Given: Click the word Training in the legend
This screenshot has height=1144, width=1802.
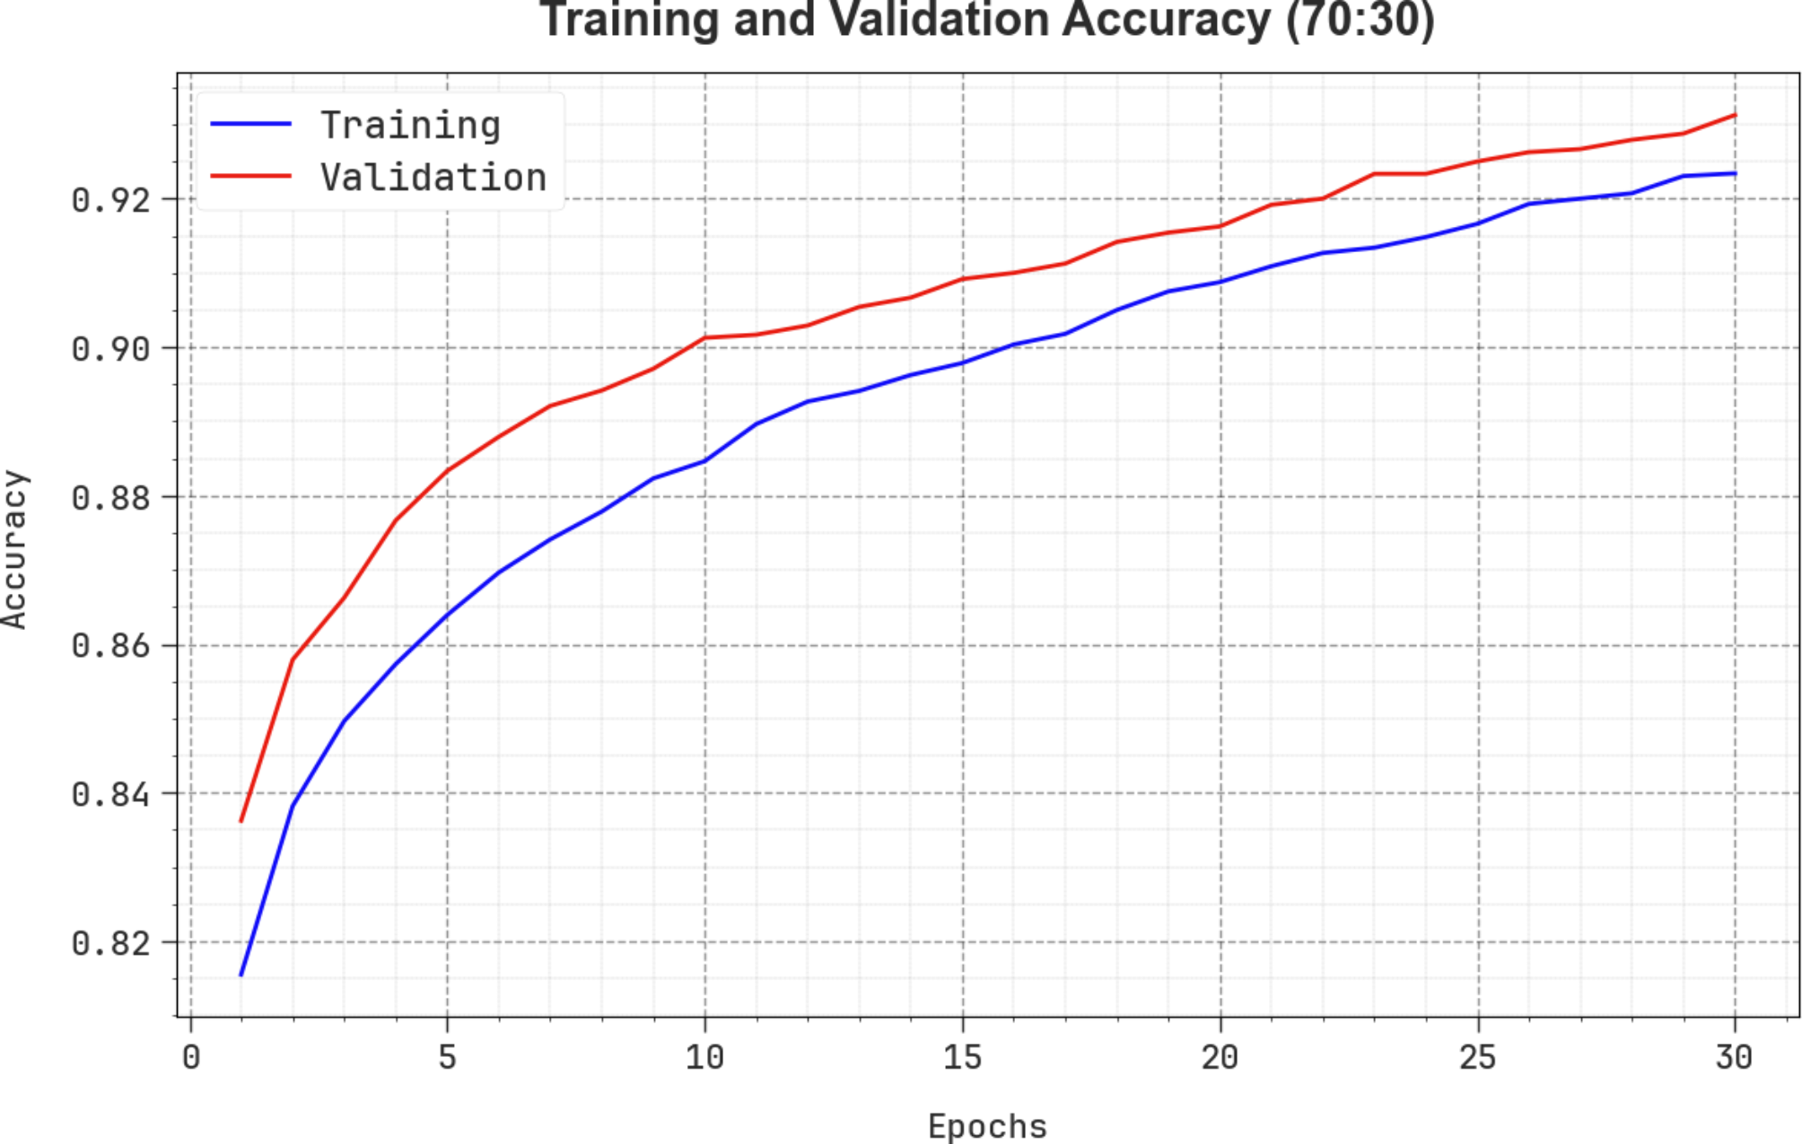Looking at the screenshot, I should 410,125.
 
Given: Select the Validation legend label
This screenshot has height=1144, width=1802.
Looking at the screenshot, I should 433,178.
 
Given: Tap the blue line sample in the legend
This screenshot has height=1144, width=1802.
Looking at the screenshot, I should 250,124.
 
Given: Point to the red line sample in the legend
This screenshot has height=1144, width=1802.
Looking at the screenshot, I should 250,176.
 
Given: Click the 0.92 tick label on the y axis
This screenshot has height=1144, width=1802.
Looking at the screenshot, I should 110,200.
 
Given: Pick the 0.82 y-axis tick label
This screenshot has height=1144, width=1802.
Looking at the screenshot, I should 110,944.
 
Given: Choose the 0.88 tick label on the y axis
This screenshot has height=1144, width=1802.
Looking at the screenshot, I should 110,498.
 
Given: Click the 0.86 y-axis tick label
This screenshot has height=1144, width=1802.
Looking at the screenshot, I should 110,646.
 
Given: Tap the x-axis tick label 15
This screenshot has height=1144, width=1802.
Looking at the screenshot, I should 962,1058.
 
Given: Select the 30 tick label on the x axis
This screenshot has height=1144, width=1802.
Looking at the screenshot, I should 1734,1058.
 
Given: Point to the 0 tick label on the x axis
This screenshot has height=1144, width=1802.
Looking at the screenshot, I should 190,1058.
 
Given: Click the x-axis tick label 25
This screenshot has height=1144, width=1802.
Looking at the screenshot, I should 1477,1058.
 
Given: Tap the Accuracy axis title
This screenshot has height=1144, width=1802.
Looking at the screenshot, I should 15,549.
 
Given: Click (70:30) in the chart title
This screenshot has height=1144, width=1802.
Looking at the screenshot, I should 1360,20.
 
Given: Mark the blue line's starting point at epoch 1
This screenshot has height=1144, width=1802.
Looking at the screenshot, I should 241,975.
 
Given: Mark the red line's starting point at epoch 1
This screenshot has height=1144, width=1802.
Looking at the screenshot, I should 241,821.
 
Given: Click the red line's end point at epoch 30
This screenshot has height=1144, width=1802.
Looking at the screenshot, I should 1735,115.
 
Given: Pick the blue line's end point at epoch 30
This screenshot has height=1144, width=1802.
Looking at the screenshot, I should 1735,173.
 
